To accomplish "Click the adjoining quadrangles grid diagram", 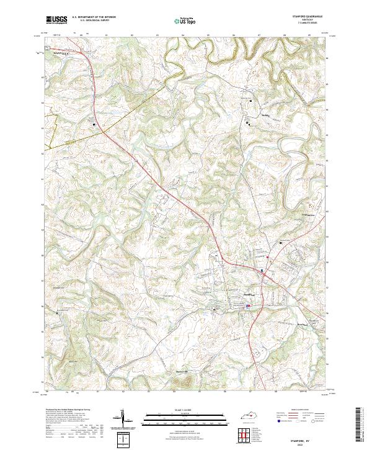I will click(243, 435).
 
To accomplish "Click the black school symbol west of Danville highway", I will click(94, 125).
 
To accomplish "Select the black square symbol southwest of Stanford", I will click(215, 309).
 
